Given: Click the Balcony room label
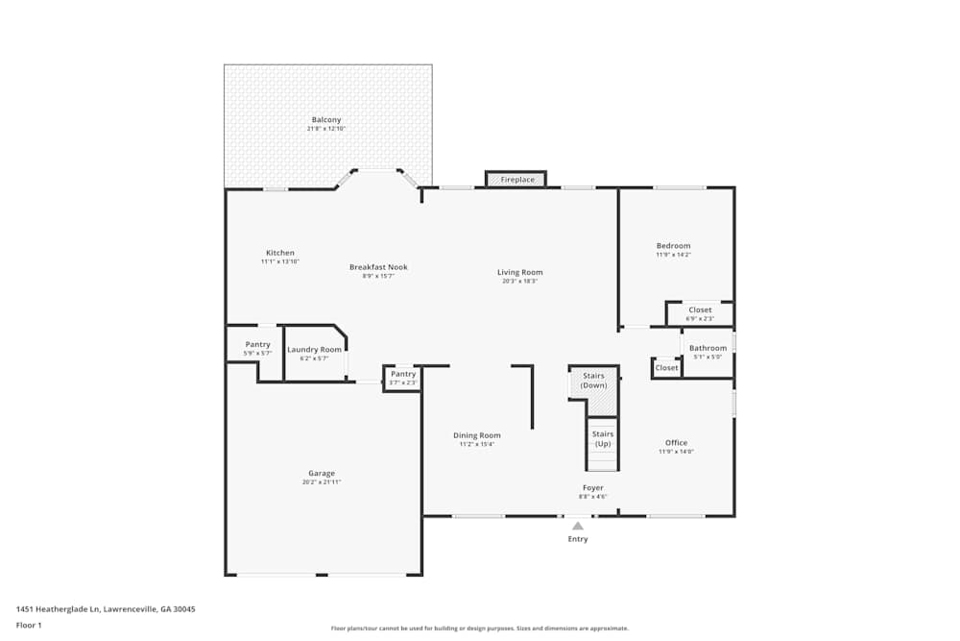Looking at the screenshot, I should [x=326, y=120].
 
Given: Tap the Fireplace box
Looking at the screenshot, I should [x=516, y=180].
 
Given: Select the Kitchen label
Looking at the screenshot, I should [x=280, y=253].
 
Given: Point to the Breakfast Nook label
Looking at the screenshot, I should [x=378, y=267].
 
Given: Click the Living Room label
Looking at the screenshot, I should [x=519, y=272].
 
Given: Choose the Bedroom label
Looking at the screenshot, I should [x=673, y=246].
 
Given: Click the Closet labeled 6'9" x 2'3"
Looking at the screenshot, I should [x=700, y=310].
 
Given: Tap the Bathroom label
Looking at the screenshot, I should [x=708, y=348].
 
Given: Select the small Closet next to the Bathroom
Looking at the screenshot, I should [x=666, y=368].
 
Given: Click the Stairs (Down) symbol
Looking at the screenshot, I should [x=593, y=381].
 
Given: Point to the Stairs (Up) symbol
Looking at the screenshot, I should [x=602, y=439].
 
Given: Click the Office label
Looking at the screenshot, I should [x=676, y=443].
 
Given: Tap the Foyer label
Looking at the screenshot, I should [x=593, y=488].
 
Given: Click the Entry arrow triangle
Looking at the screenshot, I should [x=577, y=526].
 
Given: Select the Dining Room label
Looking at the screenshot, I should [x=477, y=435].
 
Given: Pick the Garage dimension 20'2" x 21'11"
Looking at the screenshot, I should [x=322, y=482].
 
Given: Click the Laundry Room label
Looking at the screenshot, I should [x=314, y=350].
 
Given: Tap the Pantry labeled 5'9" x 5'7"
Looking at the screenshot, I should [x=257, y=344].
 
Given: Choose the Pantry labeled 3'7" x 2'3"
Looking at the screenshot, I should [x=403, y=374].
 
